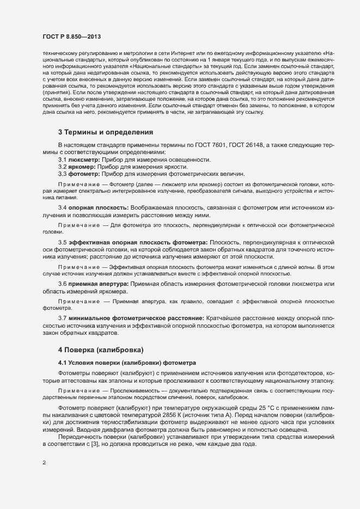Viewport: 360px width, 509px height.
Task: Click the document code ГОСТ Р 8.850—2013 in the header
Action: click(x=72, y=36)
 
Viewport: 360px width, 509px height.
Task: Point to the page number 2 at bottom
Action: click(x=44, y=463)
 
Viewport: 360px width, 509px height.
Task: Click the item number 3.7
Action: click(x=62, y=317)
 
